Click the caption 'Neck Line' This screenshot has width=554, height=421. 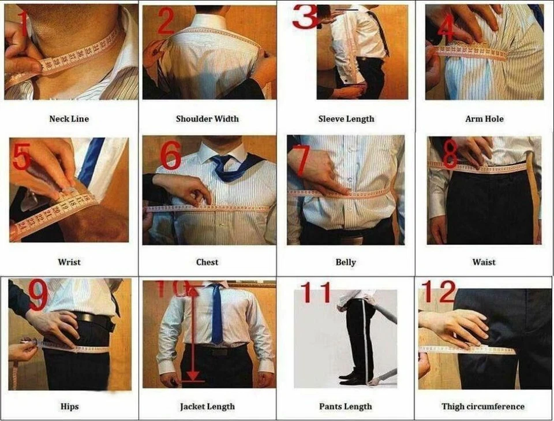tap(69, 119)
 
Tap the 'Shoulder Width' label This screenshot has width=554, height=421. tap(207, 119)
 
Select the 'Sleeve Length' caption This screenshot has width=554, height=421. tap(346, 119)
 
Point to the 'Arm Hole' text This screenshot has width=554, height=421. tap(484, 119)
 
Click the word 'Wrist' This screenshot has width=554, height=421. tap(69, 262)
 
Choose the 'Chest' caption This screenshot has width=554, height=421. tap(207, 262)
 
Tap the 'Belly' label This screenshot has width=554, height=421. tap(346, 262)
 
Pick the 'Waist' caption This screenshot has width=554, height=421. tap(484, 262)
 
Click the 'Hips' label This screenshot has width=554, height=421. tap(69, 407)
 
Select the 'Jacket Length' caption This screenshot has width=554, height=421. tap(207, 407)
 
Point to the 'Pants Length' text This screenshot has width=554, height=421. tap(346, 407)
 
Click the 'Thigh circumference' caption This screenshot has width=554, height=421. tap(483, 407)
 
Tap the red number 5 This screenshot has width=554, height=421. tap(21, 158)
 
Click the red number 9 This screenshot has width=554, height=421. tap(38, 296)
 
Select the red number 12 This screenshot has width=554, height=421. tap(439, 293)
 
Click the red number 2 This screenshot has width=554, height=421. tap(166, 22)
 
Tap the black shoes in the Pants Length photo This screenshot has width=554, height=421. tap(352, 378)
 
